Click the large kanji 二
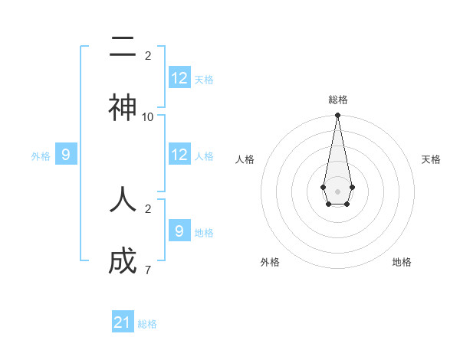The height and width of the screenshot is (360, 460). pyautogui.click(x=123, y=47)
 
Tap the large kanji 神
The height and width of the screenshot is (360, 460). pyautogui.click(x=123, y=107)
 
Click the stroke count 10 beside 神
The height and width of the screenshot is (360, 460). pyautogui.click(x=148, y=116)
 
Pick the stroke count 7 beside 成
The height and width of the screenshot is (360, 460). pyautogui.click(x=148, y=270)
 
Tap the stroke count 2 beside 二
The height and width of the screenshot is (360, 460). pyautogui.click(x=148, y=55)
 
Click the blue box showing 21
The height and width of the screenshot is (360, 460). pyautogui.click(x=123, y=322)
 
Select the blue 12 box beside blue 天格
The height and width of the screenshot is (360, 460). pyautogui.click(x=179, y=77)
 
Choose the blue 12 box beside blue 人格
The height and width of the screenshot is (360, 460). pyautogui.click(x=179, y=154)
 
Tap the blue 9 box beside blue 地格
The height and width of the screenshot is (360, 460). pyautogui.click(x=179, y=231)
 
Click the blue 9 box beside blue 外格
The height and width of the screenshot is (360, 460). pyautogui.click(x=66, y=155)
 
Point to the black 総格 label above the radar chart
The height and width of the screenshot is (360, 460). pyautogui.click(x=337, y=100)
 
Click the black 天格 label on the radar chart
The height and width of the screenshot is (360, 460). pyautogui.click(x=431, y=159)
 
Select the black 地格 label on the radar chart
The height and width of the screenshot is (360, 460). pyautogui.click(x=402, y=262)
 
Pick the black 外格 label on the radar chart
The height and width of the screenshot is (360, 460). pyautogui.click(x=270, y=262)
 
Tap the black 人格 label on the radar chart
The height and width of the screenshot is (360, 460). pyautogui.click(x=245, y=159)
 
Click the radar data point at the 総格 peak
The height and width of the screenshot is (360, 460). pyautogui.click(x=337, y=116)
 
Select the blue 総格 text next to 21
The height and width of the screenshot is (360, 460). pyautogui.click(x=147, y=324)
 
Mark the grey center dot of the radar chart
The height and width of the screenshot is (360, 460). pyautogui.click(x=337, y=190)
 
